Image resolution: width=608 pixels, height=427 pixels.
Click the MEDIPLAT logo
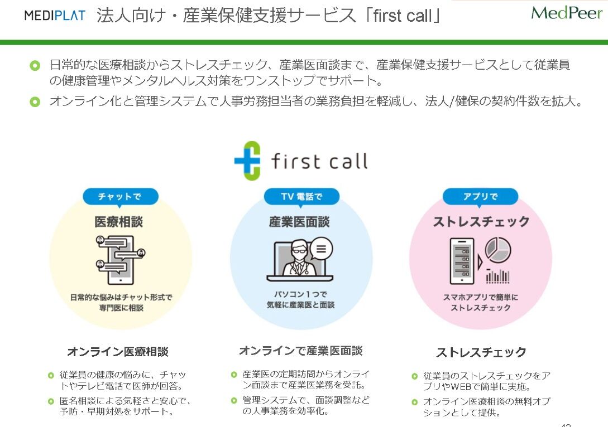click(55, 15)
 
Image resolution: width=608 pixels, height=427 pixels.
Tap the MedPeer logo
click(567, 13)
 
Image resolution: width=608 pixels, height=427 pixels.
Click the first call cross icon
click(247, 161)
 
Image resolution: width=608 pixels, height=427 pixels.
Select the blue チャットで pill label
click(120, 197)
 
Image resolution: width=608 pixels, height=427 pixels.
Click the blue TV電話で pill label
click(301, 197)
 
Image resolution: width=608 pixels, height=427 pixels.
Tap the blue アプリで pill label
click(481, 197)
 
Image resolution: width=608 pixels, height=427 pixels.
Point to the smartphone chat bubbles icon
click(120, 260)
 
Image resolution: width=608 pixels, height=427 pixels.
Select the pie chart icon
click(498, 250)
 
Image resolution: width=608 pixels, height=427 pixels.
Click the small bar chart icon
click(497, 275)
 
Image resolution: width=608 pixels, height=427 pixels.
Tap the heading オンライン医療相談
click(118, 352)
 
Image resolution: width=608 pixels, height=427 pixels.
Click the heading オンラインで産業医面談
click(300, 351)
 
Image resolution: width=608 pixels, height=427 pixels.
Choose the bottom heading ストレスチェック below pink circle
click(481, 352)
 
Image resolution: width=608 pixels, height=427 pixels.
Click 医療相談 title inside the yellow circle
click(119, 222)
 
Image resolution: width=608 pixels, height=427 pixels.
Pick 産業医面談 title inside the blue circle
click(299, 222)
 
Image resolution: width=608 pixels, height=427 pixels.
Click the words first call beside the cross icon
click(319, 161)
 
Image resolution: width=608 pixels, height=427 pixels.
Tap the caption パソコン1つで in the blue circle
click(300, 294)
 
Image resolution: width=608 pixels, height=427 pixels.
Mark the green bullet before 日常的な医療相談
click(35, 65)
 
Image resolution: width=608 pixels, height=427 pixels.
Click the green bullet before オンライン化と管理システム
click(35, 102)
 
